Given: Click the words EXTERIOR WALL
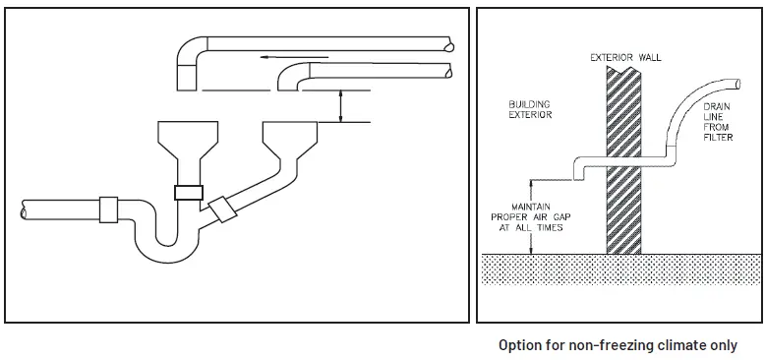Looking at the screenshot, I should click(625, 57).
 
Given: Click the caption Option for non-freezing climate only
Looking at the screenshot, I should click(618, 345).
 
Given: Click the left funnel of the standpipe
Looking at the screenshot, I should click(187, 142).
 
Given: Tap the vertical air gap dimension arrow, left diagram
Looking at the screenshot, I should click(340, 104).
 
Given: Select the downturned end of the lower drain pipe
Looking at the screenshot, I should click(292, 80).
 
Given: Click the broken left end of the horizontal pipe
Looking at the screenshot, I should click(25, 210).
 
